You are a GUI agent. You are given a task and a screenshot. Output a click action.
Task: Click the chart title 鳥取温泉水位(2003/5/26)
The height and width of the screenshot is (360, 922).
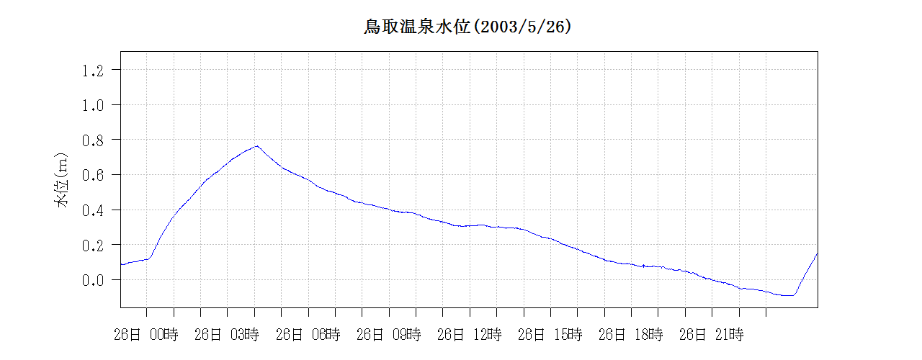click(x=467, y=27)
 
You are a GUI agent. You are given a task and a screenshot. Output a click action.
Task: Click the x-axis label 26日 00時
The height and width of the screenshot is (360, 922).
click(x=146, y=334)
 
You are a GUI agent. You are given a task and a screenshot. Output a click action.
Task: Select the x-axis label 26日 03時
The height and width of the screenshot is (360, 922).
click(x=227, y=334)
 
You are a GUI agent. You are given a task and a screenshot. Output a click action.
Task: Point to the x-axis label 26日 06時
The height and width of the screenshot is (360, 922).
click(x=308, y=334)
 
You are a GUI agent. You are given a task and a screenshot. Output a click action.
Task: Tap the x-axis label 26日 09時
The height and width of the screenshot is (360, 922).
click(x=388, y=334)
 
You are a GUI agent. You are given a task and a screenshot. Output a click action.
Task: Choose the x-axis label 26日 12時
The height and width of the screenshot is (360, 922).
click(x=469, y=334)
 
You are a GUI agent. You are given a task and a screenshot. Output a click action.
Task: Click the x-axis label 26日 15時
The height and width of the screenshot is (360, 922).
click(x=550, y=334)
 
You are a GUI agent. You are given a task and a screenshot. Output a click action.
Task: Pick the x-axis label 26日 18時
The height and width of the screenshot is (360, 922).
click(x=630, y=334)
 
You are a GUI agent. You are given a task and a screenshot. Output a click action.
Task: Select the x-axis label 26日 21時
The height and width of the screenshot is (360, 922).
click(x=711, y=334)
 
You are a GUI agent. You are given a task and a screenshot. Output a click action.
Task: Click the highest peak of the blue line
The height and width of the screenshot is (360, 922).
click(x=256, y=145)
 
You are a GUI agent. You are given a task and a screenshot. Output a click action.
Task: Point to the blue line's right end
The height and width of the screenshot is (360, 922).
click(x=818, y=253)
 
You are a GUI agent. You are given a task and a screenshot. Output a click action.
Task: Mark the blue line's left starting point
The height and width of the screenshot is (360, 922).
click(x=121, y=264)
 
